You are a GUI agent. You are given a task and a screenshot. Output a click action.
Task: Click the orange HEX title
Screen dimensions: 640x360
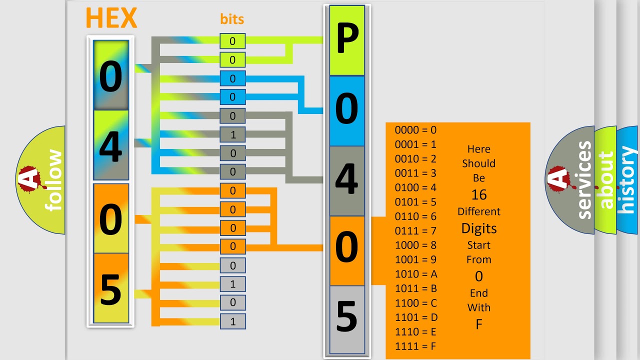111,18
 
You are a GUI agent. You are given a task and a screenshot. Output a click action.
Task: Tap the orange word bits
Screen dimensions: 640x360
232,19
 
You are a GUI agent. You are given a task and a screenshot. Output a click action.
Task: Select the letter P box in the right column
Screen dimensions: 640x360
347,40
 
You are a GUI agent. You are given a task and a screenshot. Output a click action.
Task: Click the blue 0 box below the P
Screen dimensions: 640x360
347,111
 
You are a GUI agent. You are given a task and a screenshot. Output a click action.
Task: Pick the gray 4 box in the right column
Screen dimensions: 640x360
347,181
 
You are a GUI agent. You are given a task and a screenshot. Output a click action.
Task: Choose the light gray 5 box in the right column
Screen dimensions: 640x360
347,319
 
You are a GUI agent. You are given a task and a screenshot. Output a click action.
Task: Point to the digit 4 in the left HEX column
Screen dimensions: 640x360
111,146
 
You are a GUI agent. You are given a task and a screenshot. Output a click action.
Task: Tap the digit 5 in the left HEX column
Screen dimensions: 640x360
111,289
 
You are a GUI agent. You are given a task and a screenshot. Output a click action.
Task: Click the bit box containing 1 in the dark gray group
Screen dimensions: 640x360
232,134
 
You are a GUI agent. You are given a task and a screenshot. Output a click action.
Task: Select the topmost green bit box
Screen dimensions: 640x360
232,41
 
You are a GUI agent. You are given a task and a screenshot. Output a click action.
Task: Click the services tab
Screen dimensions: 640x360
570,180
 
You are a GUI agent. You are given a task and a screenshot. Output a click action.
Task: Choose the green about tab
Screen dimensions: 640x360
605,180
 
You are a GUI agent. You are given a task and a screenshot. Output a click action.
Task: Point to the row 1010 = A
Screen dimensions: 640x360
416,274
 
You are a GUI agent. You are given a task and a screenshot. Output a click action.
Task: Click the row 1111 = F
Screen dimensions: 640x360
415,346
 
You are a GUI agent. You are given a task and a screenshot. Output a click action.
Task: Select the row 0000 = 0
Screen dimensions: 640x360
415,130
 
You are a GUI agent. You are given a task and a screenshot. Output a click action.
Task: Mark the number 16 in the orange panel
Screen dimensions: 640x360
479,195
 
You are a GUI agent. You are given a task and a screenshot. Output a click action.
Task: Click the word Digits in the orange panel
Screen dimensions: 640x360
479,228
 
